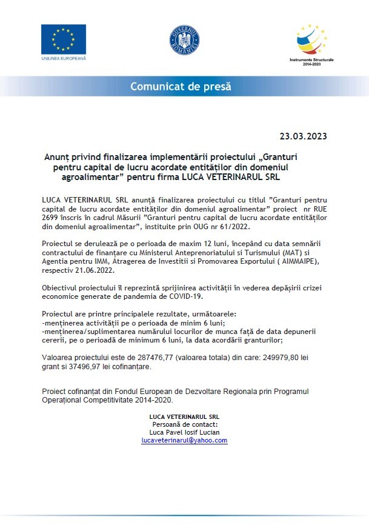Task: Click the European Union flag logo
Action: point(64,39)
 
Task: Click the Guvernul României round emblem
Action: point(184,41)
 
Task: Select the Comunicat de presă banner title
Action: point(181,87)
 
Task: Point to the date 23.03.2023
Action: point(303,136)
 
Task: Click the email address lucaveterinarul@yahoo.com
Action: point(184,441)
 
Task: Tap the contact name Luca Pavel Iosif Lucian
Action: point(184,433)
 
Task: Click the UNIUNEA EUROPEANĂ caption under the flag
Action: point(64,58)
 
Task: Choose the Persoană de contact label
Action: point(184,425)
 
